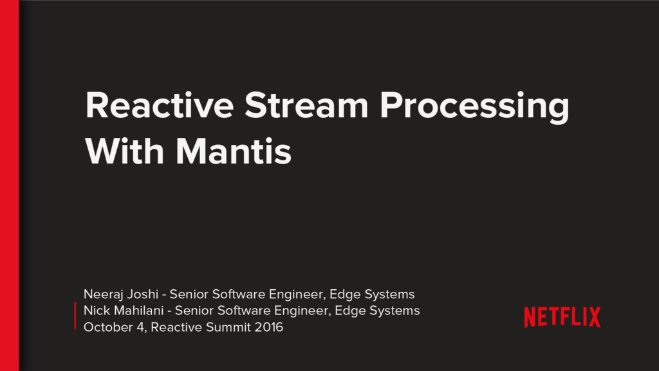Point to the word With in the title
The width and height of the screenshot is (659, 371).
[x=125, y=153]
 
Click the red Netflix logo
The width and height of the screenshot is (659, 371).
[x=562, y=317]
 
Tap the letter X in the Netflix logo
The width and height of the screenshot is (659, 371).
[x=593, y=317]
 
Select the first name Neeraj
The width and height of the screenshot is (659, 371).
[x=102, y=295]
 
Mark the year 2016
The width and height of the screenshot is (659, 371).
[x=268, y=328]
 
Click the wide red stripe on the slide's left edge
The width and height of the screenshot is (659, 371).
[x=9, y=185]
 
